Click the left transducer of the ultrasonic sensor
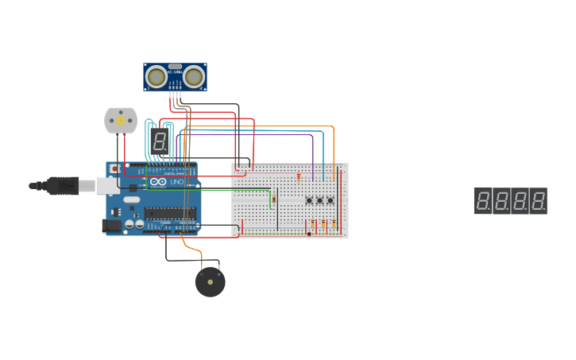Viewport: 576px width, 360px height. coord(157,77)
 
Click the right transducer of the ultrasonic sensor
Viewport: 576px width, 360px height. coord(195,77)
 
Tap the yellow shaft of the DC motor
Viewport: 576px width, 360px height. coord(121,121)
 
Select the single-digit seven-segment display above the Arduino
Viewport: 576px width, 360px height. coord(160,141)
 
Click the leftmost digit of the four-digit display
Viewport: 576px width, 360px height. coord(483,200)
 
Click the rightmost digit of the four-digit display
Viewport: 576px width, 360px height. coord(538,200)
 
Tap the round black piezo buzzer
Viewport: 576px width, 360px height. coord(211,282)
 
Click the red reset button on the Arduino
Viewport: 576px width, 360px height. coord(114,168)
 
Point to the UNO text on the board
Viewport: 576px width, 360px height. coord(177,182)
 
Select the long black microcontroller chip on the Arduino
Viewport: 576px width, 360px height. coord(170,212)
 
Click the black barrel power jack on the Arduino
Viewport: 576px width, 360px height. coord(113,226)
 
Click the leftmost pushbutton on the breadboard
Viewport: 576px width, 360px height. coord(309,200)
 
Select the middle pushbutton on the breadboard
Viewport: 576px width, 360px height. coord(319,200)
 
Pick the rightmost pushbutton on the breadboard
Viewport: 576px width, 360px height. coord(330,200)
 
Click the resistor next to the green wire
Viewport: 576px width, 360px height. coord(273,199)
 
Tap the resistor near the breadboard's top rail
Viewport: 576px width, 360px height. coord(299,176)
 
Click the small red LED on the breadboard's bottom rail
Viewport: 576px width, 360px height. coord(309,233)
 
